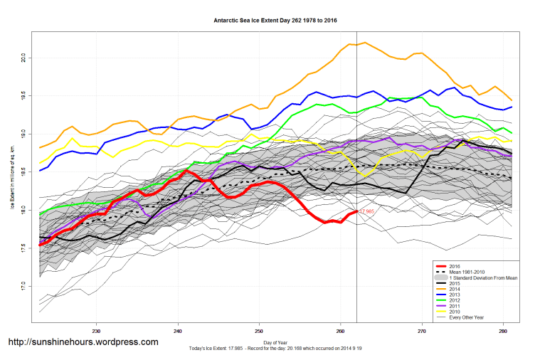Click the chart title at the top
[275, 21]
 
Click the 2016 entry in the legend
[456, 265]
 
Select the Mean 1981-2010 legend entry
[470, 271]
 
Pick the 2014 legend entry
[456, 288]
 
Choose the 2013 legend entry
[456, 294]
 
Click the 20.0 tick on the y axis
[23, 57]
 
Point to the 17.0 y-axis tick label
[23, 286]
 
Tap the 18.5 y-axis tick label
[23, 171]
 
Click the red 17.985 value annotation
[367, 212]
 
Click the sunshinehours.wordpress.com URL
[83, 342]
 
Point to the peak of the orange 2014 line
[365, 43]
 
